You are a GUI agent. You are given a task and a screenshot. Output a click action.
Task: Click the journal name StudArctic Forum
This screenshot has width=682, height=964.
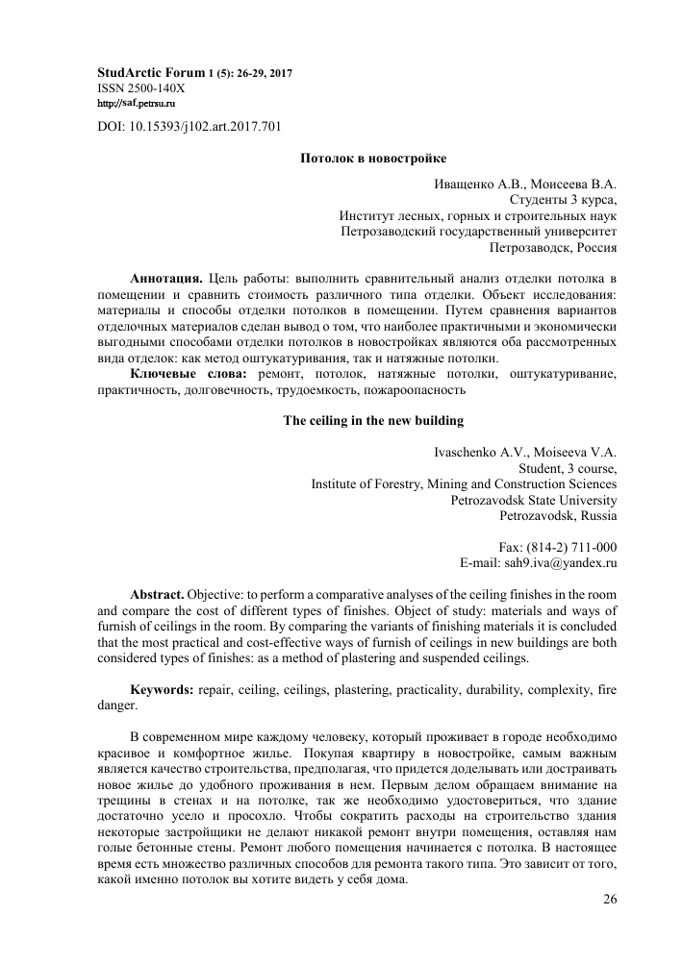(x=151, y=72)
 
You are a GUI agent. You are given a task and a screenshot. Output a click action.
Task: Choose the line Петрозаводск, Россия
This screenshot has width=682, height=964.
(x=553, y=247)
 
